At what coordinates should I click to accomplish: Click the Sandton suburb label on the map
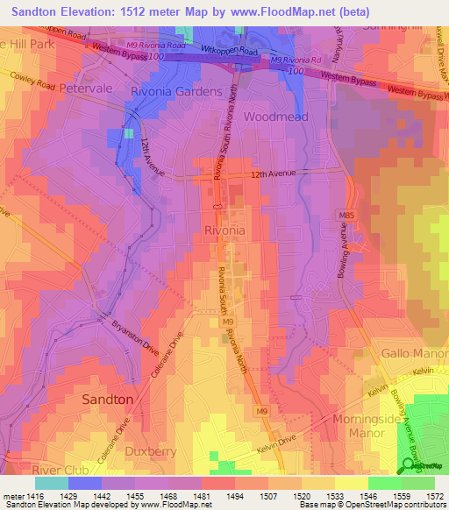pos(107,399)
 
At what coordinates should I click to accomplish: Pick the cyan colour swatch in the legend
pos(52,482)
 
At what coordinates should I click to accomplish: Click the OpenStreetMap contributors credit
pos(405,505)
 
